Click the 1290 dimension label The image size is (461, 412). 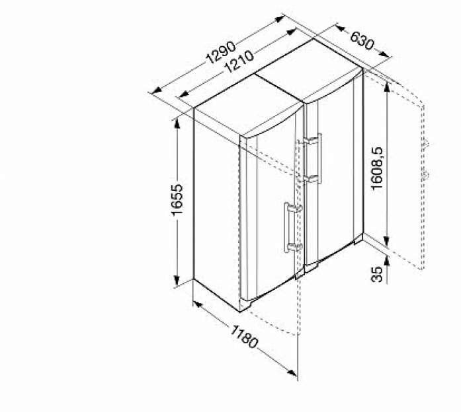click(x=221, y=53)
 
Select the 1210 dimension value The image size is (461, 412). click(x=239, y=63)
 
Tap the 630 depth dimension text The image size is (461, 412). click(x=362, y=40)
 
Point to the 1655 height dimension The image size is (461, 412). click(x=177, y=200)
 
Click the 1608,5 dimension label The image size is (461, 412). click(x=377, y=168)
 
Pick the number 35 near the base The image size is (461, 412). click(x=377, y=274)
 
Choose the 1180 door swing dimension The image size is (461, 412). click(x=244, y=337)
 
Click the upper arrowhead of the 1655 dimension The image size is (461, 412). click(x=177, y=123)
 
